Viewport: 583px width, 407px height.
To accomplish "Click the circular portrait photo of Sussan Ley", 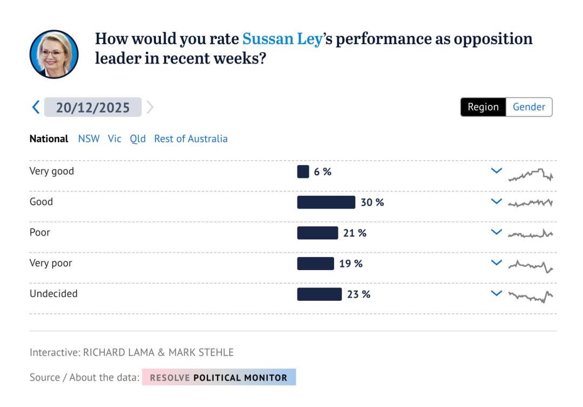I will pyautogui.click(x=54, y=54).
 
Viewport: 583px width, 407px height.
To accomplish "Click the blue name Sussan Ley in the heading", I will pyautogui.click(x=282, y=39).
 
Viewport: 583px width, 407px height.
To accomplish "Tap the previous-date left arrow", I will pyautogui.click(x=36, y=107).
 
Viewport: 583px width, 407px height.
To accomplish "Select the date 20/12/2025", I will pyautogui.click(x=93, y=107).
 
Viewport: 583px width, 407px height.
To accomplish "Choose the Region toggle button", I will pyautogui.click(x=483, y=107).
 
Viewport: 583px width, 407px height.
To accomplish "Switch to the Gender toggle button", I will pyautogui.click(x=529, y=107).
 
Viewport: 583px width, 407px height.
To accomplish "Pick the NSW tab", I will pyautogui.click(x=89, y=139).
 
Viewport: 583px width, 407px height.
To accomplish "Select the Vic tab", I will pyautogui.click(x=114, y=139).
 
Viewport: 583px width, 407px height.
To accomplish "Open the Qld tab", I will pyautogui.click(x=138, y=139).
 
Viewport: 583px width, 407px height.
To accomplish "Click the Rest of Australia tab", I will pyautogui.click(x=191, y=139).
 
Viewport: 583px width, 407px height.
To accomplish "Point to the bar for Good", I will pyautogui.click(x=326, y=202).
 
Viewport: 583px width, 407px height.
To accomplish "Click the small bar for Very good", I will pyautogui.click(x=303, y=172).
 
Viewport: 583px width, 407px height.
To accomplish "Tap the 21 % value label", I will pyautogui.click(x=355, y=233).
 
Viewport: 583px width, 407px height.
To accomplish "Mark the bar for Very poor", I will pyautogui.click(x=315, y=264).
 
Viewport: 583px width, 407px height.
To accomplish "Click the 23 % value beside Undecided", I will pyautogui.click(x=358, y=294).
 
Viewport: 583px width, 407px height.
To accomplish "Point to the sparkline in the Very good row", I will pyautogui.click(x=531, y=175).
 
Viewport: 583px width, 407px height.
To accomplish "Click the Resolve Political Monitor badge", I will pyautogui.click(x=219, y=377).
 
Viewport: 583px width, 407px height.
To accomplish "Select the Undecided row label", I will pyautogui.click(x=53, y=294).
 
